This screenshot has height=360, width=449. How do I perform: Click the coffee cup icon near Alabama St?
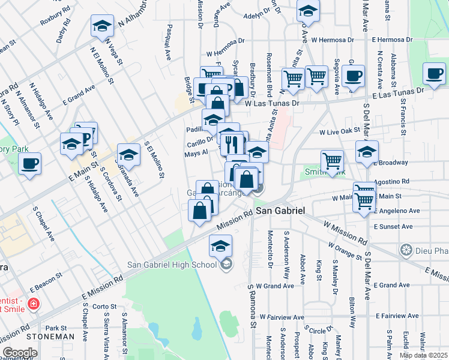click(x=434, y=74)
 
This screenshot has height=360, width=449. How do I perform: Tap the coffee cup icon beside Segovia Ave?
click(x=354, y=76)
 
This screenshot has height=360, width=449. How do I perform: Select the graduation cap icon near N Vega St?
click(x=103, y=26)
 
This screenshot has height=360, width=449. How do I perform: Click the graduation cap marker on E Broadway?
click(x=367, y=152)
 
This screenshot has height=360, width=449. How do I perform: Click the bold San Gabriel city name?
click(x=282, y=212)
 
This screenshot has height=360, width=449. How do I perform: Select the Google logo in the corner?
click(x=20, y=353)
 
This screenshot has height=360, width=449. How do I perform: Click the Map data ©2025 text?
click(x=423, y=355)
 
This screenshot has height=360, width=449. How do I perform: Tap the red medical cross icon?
click(x=33, y=304)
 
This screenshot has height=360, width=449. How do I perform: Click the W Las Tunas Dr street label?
click(x=271, y=103)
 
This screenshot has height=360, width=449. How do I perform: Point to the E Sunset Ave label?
click(x=393, y=227)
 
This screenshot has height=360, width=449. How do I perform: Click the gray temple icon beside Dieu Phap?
click(x=406, y=250)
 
